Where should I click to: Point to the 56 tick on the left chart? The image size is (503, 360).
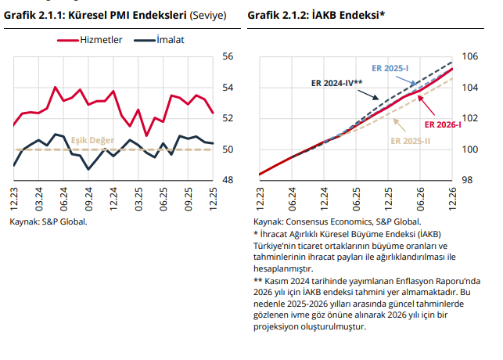(228, 56)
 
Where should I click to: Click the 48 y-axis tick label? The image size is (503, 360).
(228, 180)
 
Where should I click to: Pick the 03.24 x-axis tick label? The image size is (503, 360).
(39, 197)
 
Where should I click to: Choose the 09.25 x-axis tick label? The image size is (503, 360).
(188, 197)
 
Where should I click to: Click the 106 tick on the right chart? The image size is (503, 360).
(471, 56)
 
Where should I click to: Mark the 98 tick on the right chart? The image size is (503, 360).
(468, 180)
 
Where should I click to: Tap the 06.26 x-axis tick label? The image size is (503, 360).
(420, 197)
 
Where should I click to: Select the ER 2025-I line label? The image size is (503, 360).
(391, 69)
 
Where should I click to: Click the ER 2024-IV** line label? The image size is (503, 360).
(337, 82)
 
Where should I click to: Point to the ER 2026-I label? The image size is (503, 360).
(443, 124)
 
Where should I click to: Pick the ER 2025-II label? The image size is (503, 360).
(411, 141)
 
